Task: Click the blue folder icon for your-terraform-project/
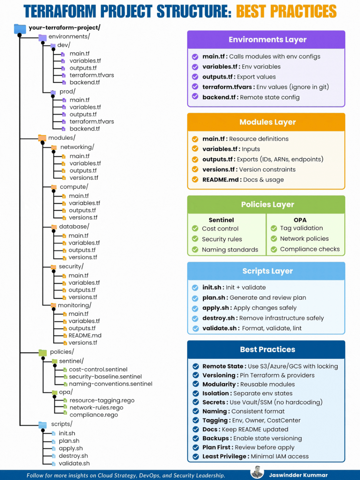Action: click(20, 29)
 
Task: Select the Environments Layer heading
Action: click(267, 40)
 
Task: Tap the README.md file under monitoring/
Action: click(85, 335)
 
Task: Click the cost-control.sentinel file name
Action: click(98, 369)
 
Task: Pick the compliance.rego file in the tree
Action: click(94, 415)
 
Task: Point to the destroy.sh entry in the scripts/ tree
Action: click(73, 456)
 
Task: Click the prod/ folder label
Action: click(67, 92)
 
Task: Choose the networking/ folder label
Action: click(77, 147)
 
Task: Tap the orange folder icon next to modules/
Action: click(42, 138)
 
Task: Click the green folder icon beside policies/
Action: click(42, 352)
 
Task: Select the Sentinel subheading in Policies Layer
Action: click(221, 220)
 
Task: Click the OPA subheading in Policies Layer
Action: click(300, 220)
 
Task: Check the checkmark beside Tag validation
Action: click(274, 228)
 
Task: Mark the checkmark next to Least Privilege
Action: click(196, 457)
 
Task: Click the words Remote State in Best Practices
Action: click(223, 366)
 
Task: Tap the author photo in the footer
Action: click(257, 472)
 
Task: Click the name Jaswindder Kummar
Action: click(298, 475)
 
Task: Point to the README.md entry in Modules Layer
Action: click(220, 180)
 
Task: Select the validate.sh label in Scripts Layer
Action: click(219, 328)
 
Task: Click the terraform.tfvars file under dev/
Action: click(92, 75)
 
